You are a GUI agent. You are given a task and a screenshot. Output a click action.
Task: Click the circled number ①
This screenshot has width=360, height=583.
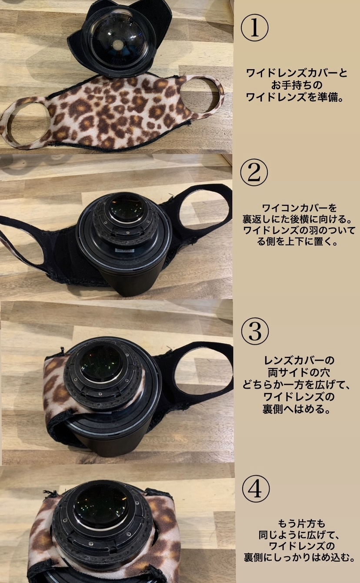tap(254, 28)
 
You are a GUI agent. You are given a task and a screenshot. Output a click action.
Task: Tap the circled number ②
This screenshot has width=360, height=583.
tap(254, 173)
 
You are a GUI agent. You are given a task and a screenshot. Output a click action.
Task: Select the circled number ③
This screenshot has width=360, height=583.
tap(255, 331)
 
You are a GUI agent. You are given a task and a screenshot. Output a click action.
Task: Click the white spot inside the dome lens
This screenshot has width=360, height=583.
tap(117, 44)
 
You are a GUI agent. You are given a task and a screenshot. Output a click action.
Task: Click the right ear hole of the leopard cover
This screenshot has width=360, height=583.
tap(200, 94)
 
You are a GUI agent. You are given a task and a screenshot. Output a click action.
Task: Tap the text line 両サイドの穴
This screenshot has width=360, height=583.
tap(298, 373)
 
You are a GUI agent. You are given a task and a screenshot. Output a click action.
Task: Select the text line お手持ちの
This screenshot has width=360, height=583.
tap(297, 85)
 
